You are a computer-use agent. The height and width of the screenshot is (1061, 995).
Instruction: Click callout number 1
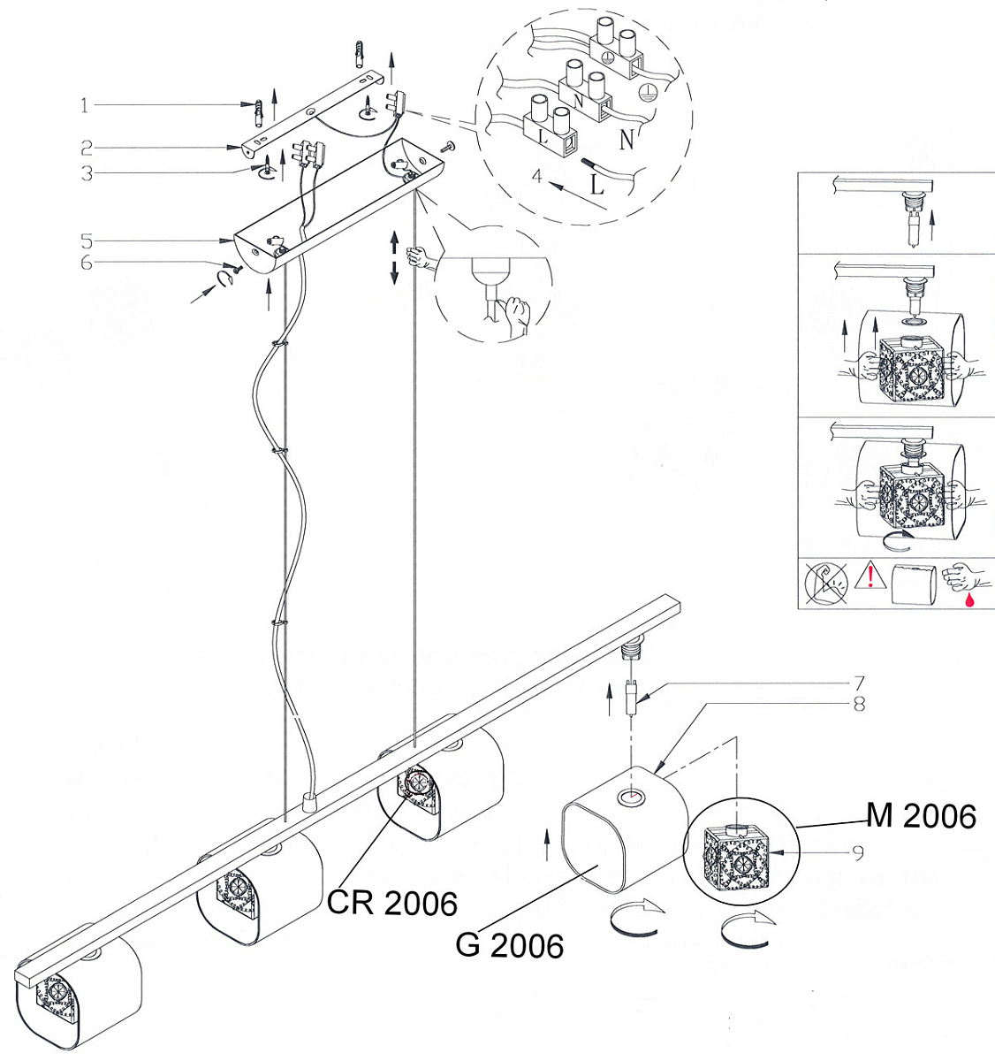click(x=84, y=105)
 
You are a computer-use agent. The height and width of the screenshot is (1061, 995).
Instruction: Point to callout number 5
click(x=87, y=241)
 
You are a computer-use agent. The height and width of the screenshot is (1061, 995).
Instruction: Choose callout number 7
click(x=859, y=683)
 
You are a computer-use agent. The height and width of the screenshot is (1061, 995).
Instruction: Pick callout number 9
click(x=858, y=854)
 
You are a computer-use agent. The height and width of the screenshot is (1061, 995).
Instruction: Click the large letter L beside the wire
click(x=597, y=184)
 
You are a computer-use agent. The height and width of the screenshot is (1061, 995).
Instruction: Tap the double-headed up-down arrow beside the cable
click(x=394, y=257)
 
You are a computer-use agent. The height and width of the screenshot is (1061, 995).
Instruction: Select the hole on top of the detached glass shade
click(x=631, y=798)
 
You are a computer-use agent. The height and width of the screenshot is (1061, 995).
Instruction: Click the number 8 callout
click(x=859, y=705)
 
